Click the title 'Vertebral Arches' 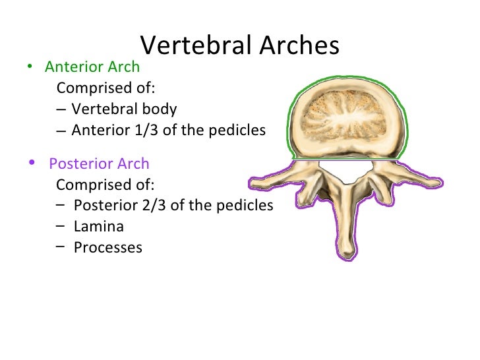(x=240, y=45)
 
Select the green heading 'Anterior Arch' (x=92, y=67)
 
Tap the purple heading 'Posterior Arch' (x=99, y=164)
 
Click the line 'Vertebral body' (x=124, y=109)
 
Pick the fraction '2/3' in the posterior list (x=156, y=205)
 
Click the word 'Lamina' (x=98, y=226)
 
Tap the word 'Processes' (x=107, y=247)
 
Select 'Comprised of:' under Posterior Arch (x=105, y=184)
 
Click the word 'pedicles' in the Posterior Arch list (x=243, y=205)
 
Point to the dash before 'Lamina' (x=60, y=225)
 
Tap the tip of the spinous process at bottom (x=347, y=253)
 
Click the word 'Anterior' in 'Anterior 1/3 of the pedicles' (x=99, y=130)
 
